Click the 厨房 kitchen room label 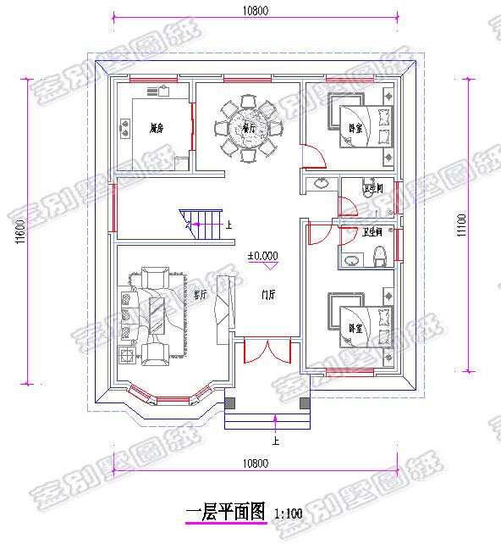pos(155,129)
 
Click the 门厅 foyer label pos(268,295)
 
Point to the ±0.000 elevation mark pos(262,255)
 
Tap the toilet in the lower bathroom pos(380,254)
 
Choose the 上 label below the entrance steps pos(275,441)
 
